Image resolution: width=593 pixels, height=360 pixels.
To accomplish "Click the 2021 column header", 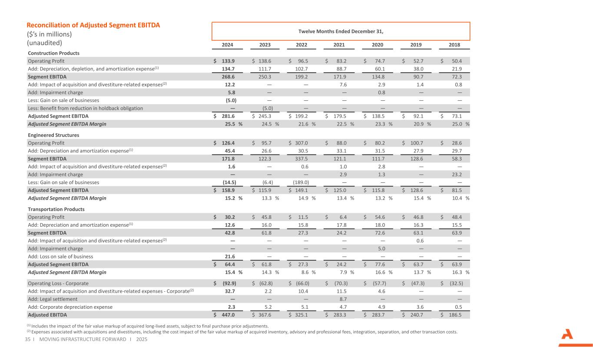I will point(339,45).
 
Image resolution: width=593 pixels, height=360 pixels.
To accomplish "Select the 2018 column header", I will point(454,45).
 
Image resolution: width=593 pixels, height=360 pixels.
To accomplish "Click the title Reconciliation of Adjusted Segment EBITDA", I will point(93,25).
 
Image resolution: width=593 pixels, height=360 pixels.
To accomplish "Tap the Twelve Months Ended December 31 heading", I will point(341,31).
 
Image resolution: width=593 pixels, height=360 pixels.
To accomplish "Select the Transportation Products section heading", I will point(56,209).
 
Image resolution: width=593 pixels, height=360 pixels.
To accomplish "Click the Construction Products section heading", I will point(53,53).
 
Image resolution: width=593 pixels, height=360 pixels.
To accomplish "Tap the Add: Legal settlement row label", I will point(53,299).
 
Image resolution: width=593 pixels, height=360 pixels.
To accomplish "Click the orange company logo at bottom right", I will point(569,338).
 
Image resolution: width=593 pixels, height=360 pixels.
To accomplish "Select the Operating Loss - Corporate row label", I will point(58,284).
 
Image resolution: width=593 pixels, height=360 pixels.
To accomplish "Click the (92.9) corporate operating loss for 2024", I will point(229,284).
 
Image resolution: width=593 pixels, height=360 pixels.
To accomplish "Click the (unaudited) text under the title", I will point(45,43).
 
